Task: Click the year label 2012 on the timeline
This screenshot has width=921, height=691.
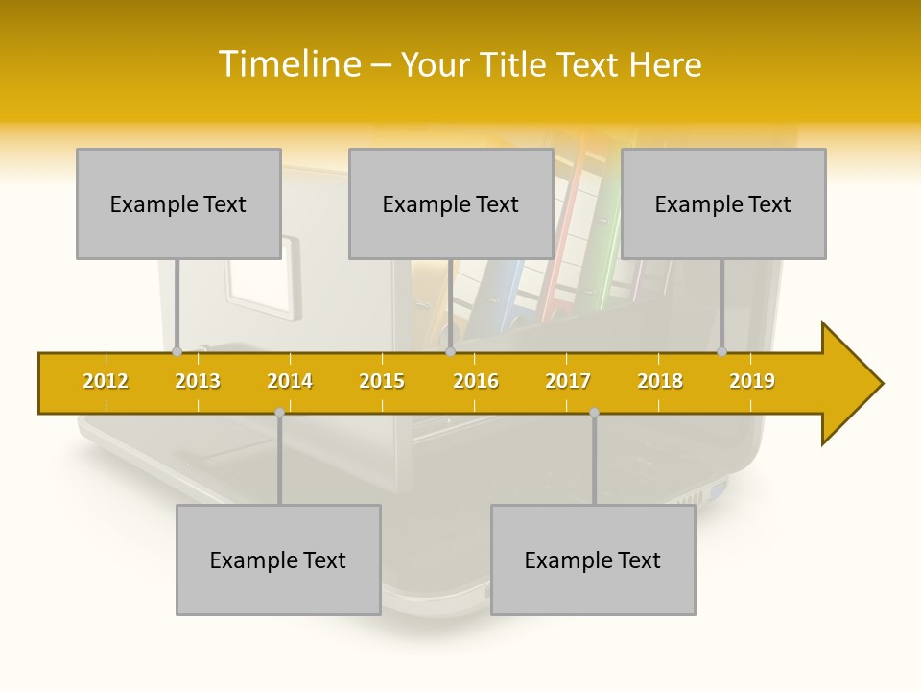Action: [x=106, y=382]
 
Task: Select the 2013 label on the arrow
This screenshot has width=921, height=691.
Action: [x=198, y=382]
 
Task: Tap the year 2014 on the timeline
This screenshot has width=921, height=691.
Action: [x=290, y=382]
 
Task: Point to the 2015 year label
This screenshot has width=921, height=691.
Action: [x=382, y=382]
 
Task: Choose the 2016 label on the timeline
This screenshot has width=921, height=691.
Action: [x=476, y=382]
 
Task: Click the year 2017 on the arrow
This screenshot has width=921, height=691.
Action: [x=568, y=382]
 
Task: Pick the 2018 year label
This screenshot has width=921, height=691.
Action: [x=660, y=382]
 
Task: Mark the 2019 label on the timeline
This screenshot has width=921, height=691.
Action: [x=752, y=382]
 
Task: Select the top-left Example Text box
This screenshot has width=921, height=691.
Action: [x=178, y=204]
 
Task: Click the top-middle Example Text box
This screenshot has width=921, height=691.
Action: [x=451, y=204]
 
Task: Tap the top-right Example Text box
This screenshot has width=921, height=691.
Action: [x=723, y=204]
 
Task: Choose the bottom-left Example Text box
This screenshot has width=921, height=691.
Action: [x=278, y=560]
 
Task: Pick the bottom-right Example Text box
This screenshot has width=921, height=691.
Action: [x=593, y=560]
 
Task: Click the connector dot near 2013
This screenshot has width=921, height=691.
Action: [x=177, y=352]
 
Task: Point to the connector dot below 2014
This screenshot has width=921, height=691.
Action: [x=279, y=413]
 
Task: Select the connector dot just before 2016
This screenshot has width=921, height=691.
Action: [x=450, y=352]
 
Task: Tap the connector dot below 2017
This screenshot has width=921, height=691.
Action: [x=594, y=413]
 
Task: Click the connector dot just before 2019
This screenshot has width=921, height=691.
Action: [x=722, y=352]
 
